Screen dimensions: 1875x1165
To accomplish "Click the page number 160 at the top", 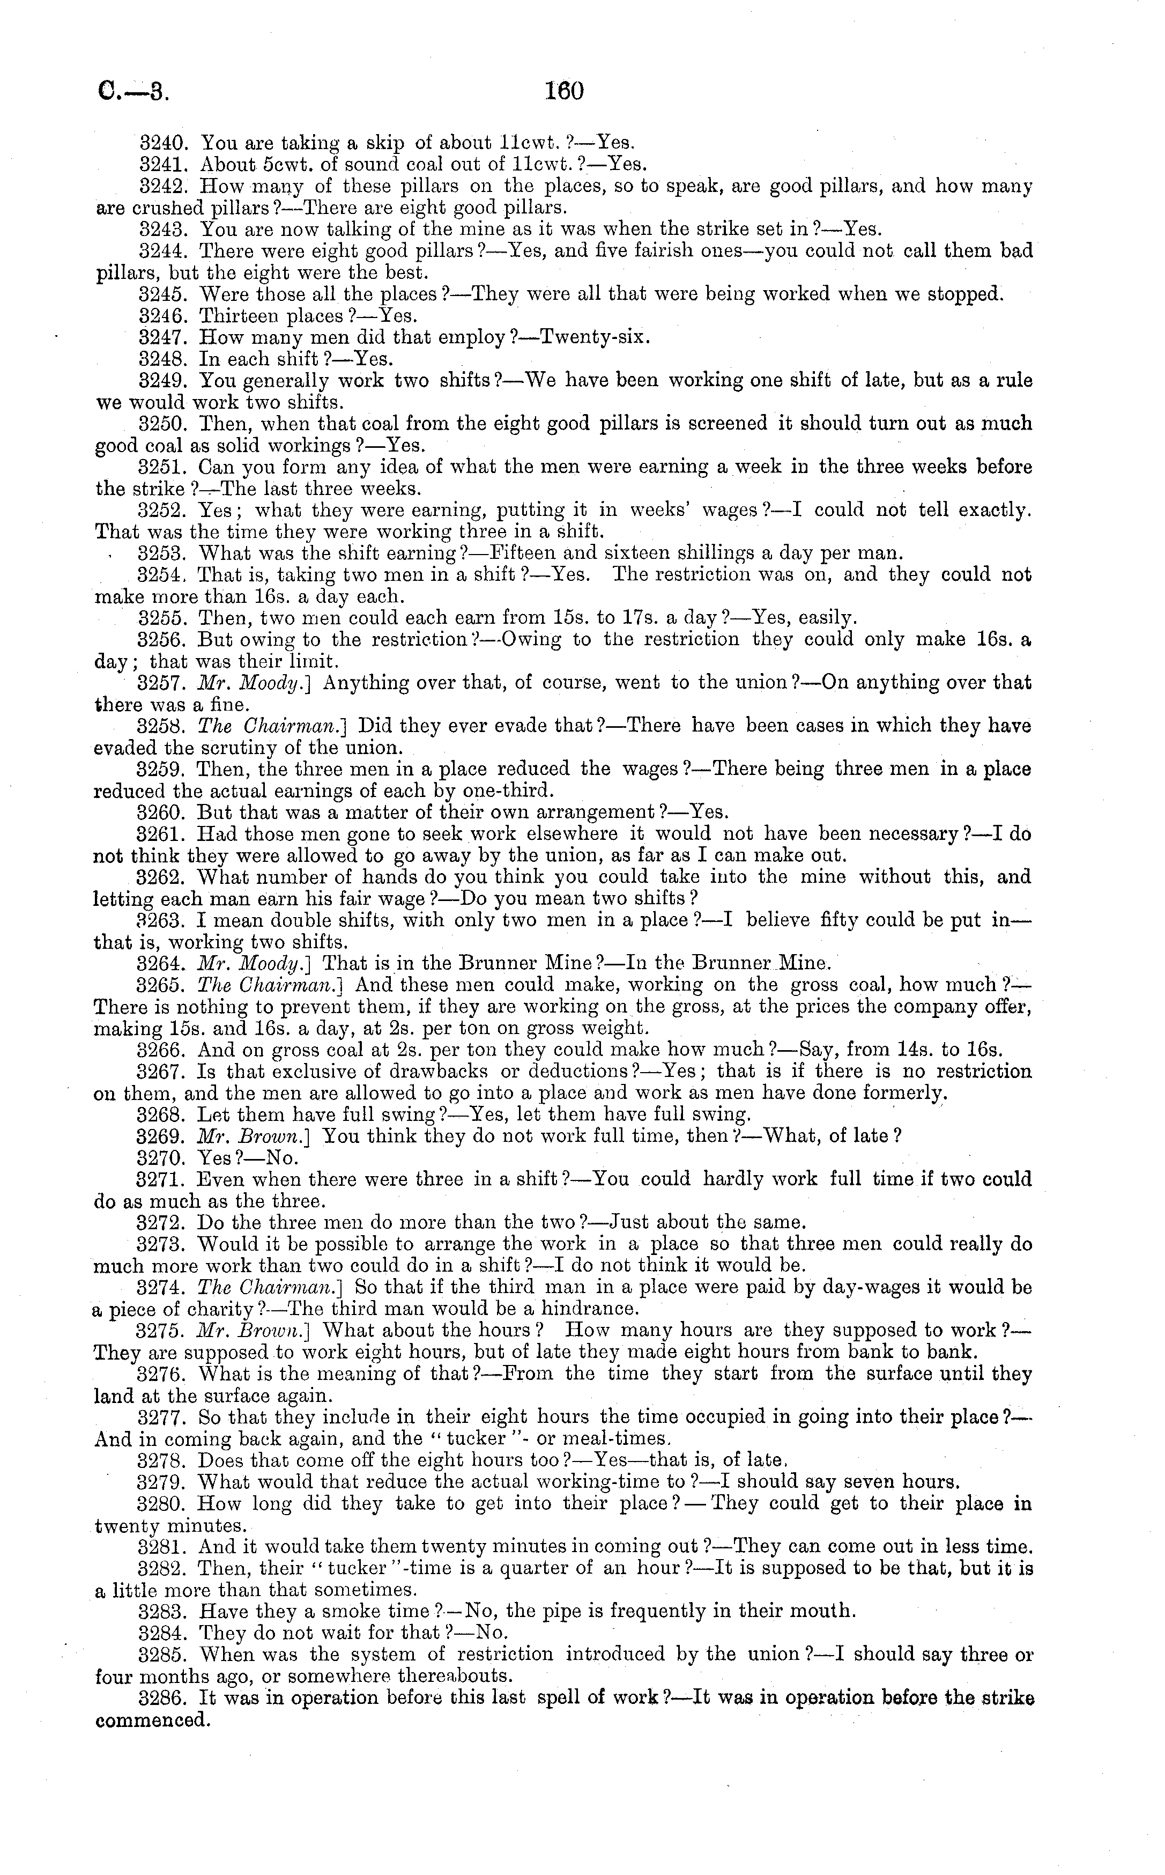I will point(565,92).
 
